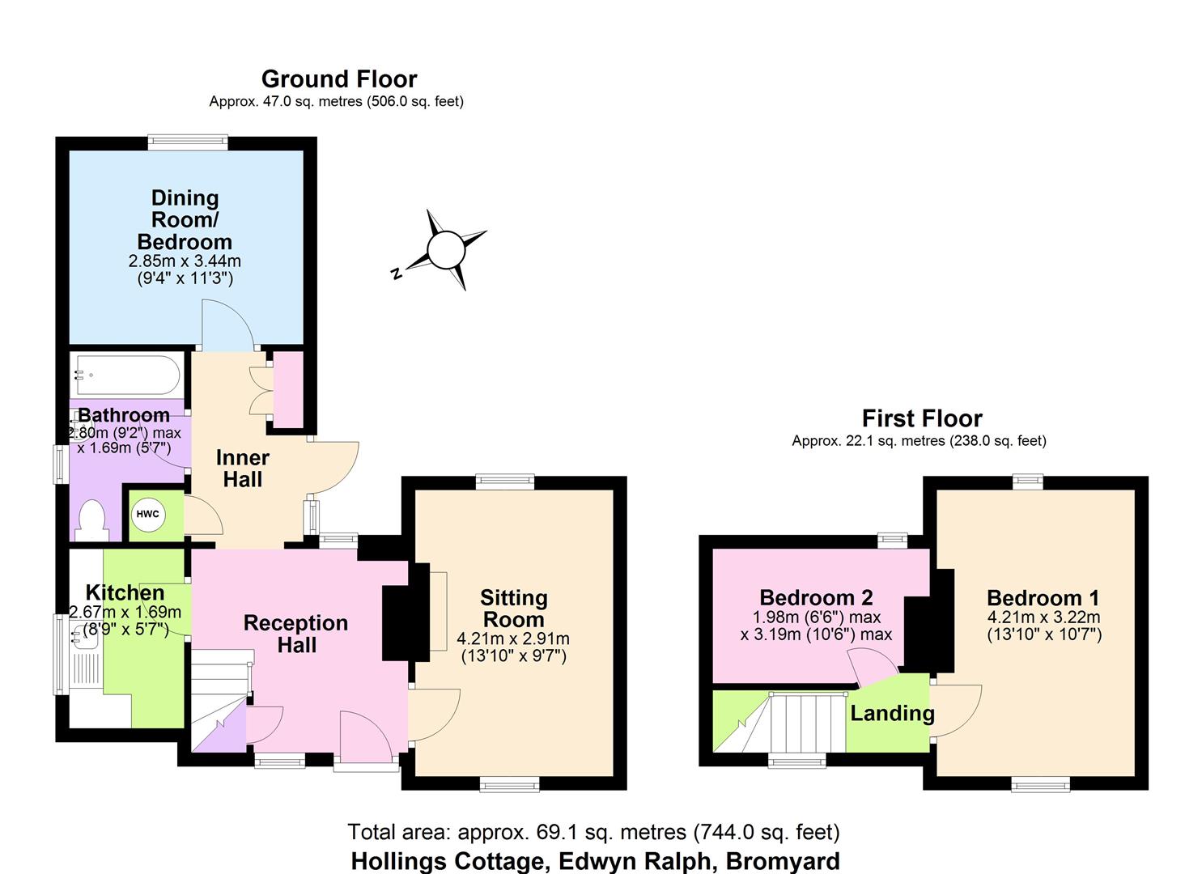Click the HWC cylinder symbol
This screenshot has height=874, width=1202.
pos(147,515)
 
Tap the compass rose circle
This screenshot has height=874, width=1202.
pos(444,250)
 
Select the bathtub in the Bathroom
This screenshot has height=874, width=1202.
pos(125,375)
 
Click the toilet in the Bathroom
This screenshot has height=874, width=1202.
pos(91,520)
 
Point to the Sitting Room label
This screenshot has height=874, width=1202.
pos(513,609)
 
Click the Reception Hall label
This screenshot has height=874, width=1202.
pos(295,634)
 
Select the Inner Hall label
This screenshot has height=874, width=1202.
pos(242,469)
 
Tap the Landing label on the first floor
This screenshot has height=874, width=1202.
pos(892,713)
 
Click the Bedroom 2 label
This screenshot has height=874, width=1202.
pos(816,597)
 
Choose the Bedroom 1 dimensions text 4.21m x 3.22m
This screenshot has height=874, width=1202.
pos(1043,617)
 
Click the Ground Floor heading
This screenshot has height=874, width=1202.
pos(339,79)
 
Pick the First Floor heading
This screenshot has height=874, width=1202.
pos(922,418)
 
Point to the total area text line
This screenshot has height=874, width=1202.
pos(593,832)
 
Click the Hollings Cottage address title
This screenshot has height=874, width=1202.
pos(595,860)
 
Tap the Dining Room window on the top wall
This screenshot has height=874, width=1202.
pos(188,142)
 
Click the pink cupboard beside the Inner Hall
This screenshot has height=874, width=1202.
pos(288,389)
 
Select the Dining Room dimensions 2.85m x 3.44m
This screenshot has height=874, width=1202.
pos(185,261)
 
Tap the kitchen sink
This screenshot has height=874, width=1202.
pos(84,639)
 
